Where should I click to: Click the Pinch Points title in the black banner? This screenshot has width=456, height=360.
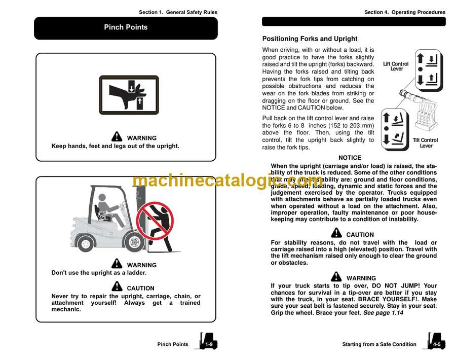[x=126, y=27]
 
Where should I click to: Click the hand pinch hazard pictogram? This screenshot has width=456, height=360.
[x=129, y=95]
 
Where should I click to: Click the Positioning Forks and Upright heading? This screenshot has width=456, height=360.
[x=310, y=39]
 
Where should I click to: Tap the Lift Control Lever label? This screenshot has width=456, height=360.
[x=396, y=66]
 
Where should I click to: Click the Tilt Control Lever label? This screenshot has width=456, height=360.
[x=426, y=143]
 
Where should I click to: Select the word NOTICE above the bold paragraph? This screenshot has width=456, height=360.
[x=350, y=158]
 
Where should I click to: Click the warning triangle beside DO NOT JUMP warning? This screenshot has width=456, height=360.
[x=336, y=277]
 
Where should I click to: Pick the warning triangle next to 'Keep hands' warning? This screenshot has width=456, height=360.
[x=117, y=137]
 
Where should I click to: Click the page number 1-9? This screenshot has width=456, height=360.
[x=209, y=344]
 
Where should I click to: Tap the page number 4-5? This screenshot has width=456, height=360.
[x=437, y=344]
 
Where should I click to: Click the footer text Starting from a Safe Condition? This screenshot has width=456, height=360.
[x=379, y=344]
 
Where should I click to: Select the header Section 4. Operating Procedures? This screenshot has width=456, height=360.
[x=405, y=12]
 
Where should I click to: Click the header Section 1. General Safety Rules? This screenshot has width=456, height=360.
[x=178, y=12]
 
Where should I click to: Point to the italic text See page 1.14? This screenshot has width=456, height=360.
[x=383, y=313]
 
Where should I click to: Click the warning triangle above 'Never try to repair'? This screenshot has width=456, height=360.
[x=117, y=287]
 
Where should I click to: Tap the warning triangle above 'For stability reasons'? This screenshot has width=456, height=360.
[x=336, y=233]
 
